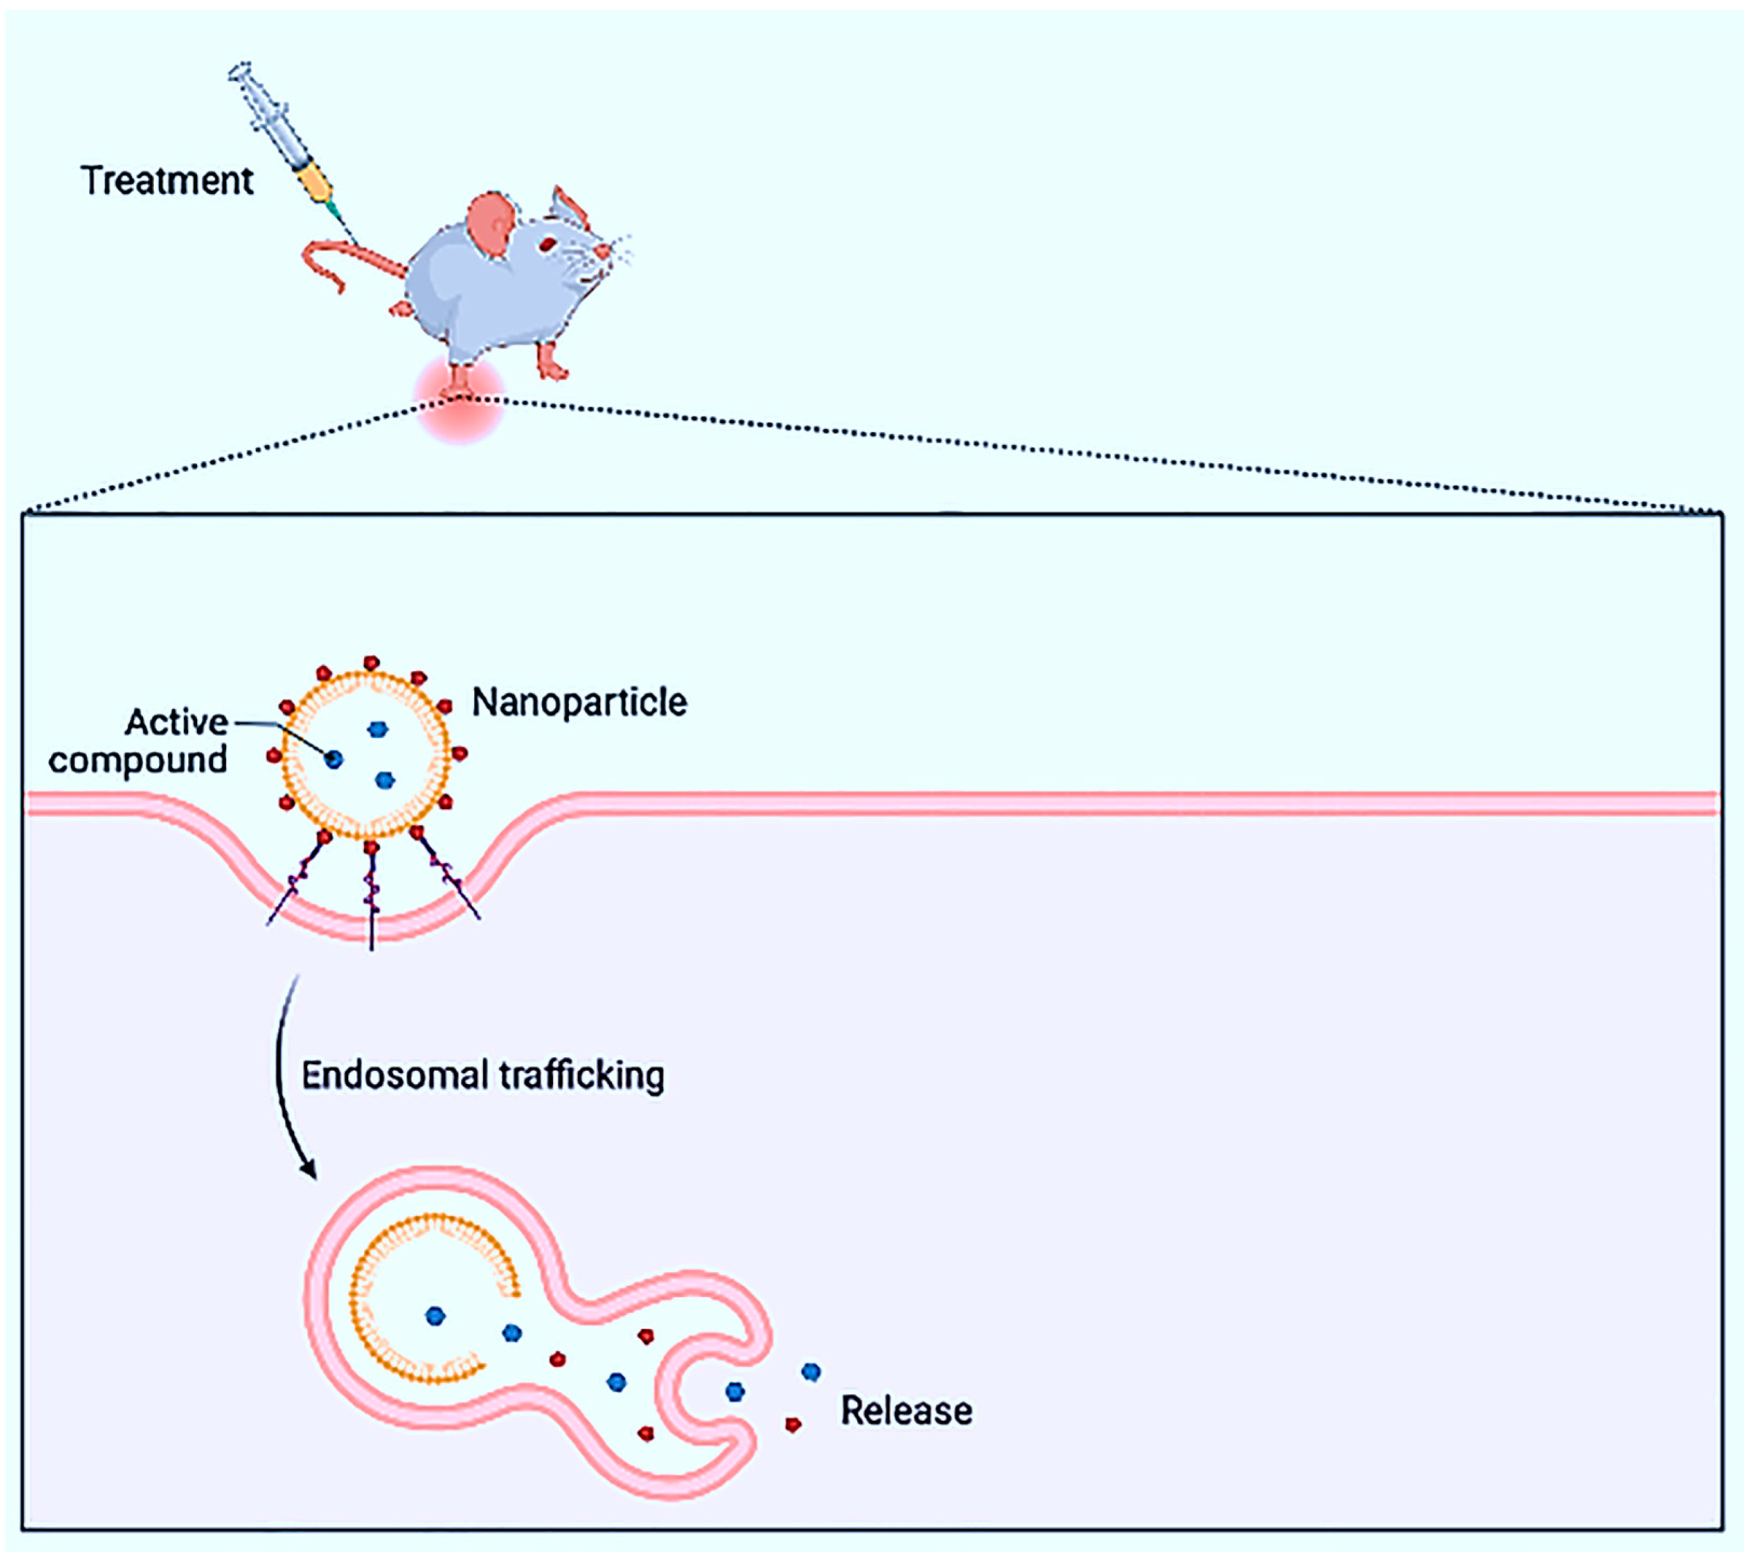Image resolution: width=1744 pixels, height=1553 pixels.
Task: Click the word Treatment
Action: coord(167,181)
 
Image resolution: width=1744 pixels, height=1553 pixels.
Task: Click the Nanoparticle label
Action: coord(579,702)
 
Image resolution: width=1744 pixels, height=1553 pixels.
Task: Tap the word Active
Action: coord(177,722)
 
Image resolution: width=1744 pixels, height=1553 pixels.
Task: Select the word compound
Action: coord(138,760)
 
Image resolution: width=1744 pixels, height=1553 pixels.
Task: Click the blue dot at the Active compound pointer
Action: coord(334,758)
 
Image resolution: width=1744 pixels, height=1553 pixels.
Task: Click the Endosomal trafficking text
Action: coord(483,1075)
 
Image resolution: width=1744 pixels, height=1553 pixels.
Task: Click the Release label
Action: coord(906,1411)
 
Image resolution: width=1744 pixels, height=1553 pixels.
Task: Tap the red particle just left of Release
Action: coord(793,1424)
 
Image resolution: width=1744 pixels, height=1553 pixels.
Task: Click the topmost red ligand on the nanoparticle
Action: coord(371,663)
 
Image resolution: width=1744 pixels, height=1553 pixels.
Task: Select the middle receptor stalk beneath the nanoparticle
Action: coord(371,896)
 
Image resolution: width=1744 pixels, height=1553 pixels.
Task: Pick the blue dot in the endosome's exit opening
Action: coord(735,1392)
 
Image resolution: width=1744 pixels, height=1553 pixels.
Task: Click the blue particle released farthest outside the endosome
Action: coord(812,1371)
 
